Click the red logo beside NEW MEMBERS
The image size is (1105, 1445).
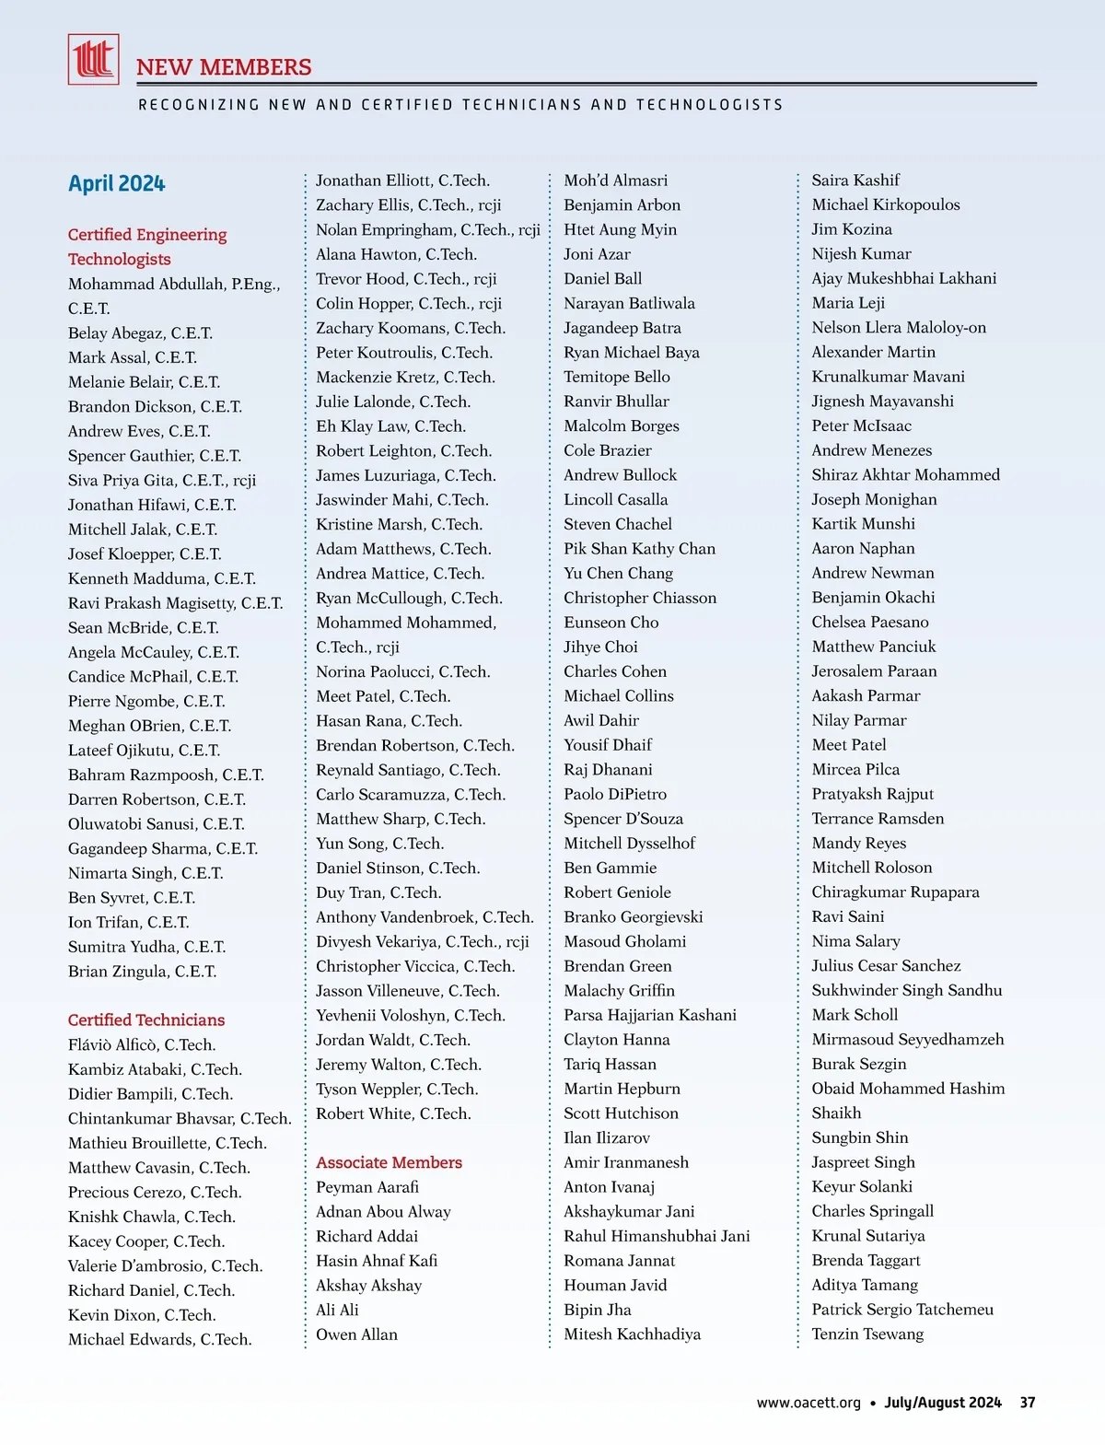(x=93, y=59)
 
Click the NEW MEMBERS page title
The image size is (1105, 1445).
(x=224, y=67)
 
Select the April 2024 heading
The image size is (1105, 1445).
(x=116, y=183)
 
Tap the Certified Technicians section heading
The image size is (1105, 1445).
(x=145, y=1020)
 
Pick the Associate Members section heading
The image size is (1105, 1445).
(x=389, y=1162)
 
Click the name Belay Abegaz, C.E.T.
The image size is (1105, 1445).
(x=140, y=332)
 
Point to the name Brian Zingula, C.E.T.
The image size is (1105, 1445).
(x=142, y=971)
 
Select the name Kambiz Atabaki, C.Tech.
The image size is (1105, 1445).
(x=155, y=1069)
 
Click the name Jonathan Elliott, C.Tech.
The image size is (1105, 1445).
(x=402, y=181)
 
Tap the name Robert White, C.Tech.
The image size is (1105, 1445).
(x=393, y=1113)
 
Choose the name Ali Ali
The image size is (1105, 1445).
(x=337, y=1310)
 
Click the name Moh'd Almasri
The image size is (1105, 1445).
(x=615, y=181)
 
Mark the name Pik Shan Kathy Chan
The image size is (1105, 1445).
(x=639, y=549)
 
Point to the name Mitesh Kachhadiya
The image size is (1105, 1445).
(x=632, y=1334)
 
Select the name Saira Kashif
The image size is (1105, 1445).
(x=855, y=181)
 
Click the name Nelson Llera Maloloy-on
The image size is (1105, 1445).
(x=898, y=327)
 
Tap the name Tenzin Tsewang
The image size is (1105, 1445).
(x=867, y=1334)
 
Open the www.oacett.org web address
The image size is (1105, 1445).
(x=808, y=1403)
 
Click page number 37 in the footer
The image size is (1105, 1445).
(x=1028, y=1403)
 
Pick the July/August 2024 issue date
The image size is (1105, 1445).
(x=942, y=1403)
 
